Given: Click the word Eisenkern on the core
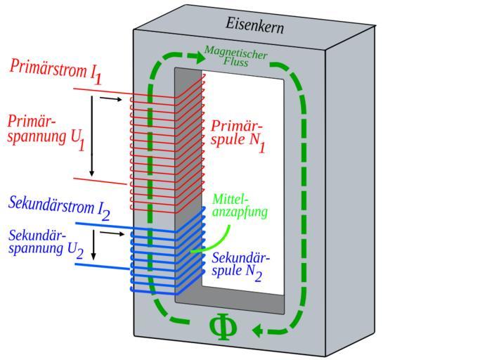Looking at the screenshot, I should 254,25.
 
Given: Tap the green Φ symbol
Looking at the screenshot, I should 222,327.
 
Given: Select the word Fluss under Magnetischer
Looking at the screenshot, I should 235,63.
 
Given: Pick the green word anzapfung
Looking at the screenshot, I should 240,211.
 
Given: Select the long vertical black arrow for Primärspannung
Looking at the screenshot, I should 92,137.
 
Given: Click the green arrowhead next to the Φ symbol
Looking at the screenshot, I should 259,330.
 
